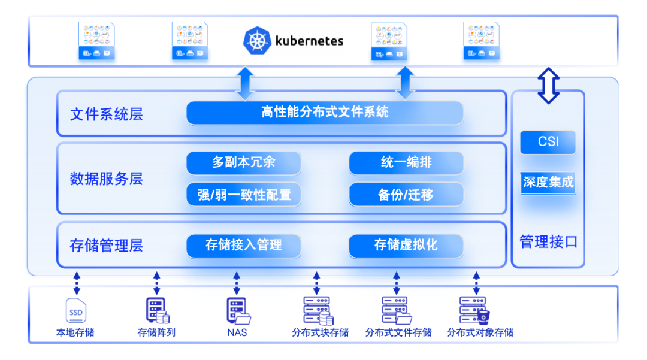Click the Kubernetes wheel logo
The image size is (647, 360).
pyautogui.click(x=257, y=41)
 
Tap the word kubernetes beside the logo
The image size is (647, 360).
pyautogui.click(x=309, y=41)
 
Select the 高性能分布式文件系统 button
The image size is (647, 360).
pyautogui.click(x=325, y=113)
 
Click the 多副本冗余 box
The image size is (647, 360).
pyautogui.click(x=243, y=163)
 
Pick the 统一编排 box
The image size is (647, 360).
pyautogui.click(x=406, y=163)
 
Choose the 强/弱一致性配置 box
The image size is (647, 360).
pyautogui.click(x=243, y=195)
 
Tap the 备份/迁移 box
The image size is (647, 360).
pyautogui.click(x=406, y=195)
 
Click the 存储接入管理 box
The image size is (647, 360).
pyautogui.click(x=243, y=245)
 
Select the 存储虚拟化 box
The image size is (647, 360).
pyautogui.click(x=406, y=245)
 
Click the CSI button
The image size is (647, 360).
pyautogui.click(x=548, y=142)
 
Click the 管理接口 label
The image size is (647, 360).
pyautogui.click(x=548, y=242)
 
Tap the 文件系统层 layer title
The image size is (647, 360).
pyautogui.click(x=107, y=114)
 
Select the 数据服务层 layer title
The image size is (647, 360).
pyautogui.click(x=107, y=179)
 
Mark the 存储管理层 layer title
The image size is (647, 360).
pyautogui.click(x=107, y=246)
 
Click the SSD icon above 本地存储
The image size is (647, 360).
pyautogui.click(x=77, y=311)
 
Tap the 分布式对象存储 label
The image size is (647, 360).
pyautogui.click(x=480, y=332)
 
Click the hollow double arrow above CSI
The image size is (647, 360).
pyautogui.click(x=548, y=86)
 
